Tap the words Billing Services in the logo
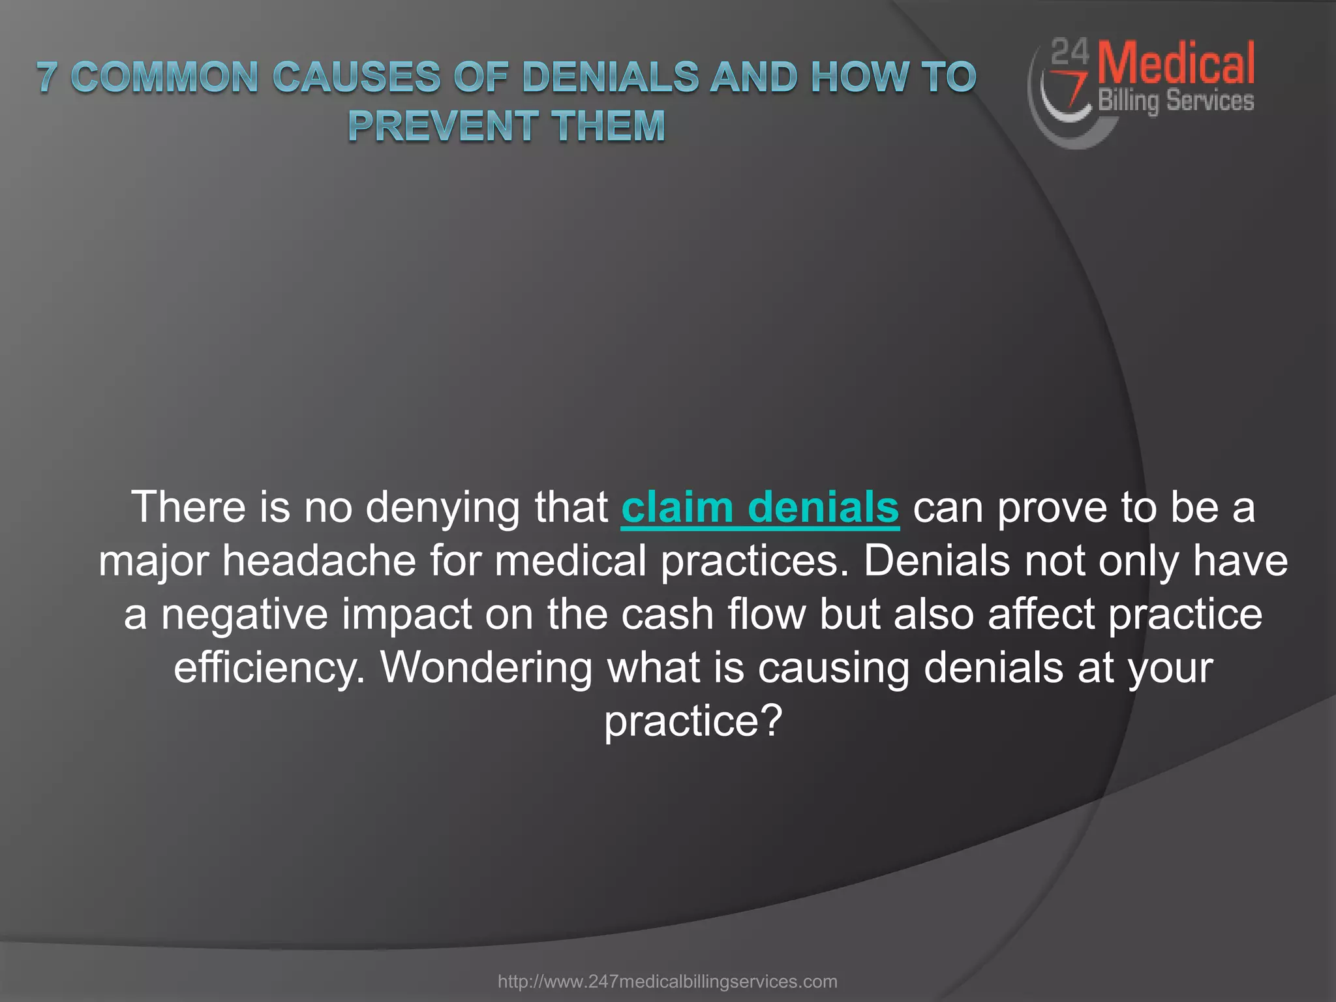(x=1176, y=101)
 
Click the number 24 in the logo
(x=1070, y=52)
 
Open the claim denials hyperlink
(x=760, y=508)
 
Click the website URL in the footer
(x=667, y=981)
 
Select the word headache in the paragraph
(x=319, y=561)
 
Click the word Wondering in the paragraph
(x=487, y=667)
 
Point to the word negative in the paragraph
(x=244, y=615)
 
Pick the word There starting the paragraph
(x=189, y=507)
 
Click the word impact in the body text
(x=406, y=615)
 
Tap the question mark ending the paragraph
(x=772, y=721)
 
